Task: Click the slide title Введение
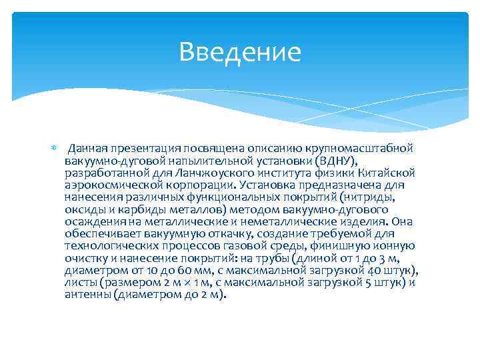pos(240,52)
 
